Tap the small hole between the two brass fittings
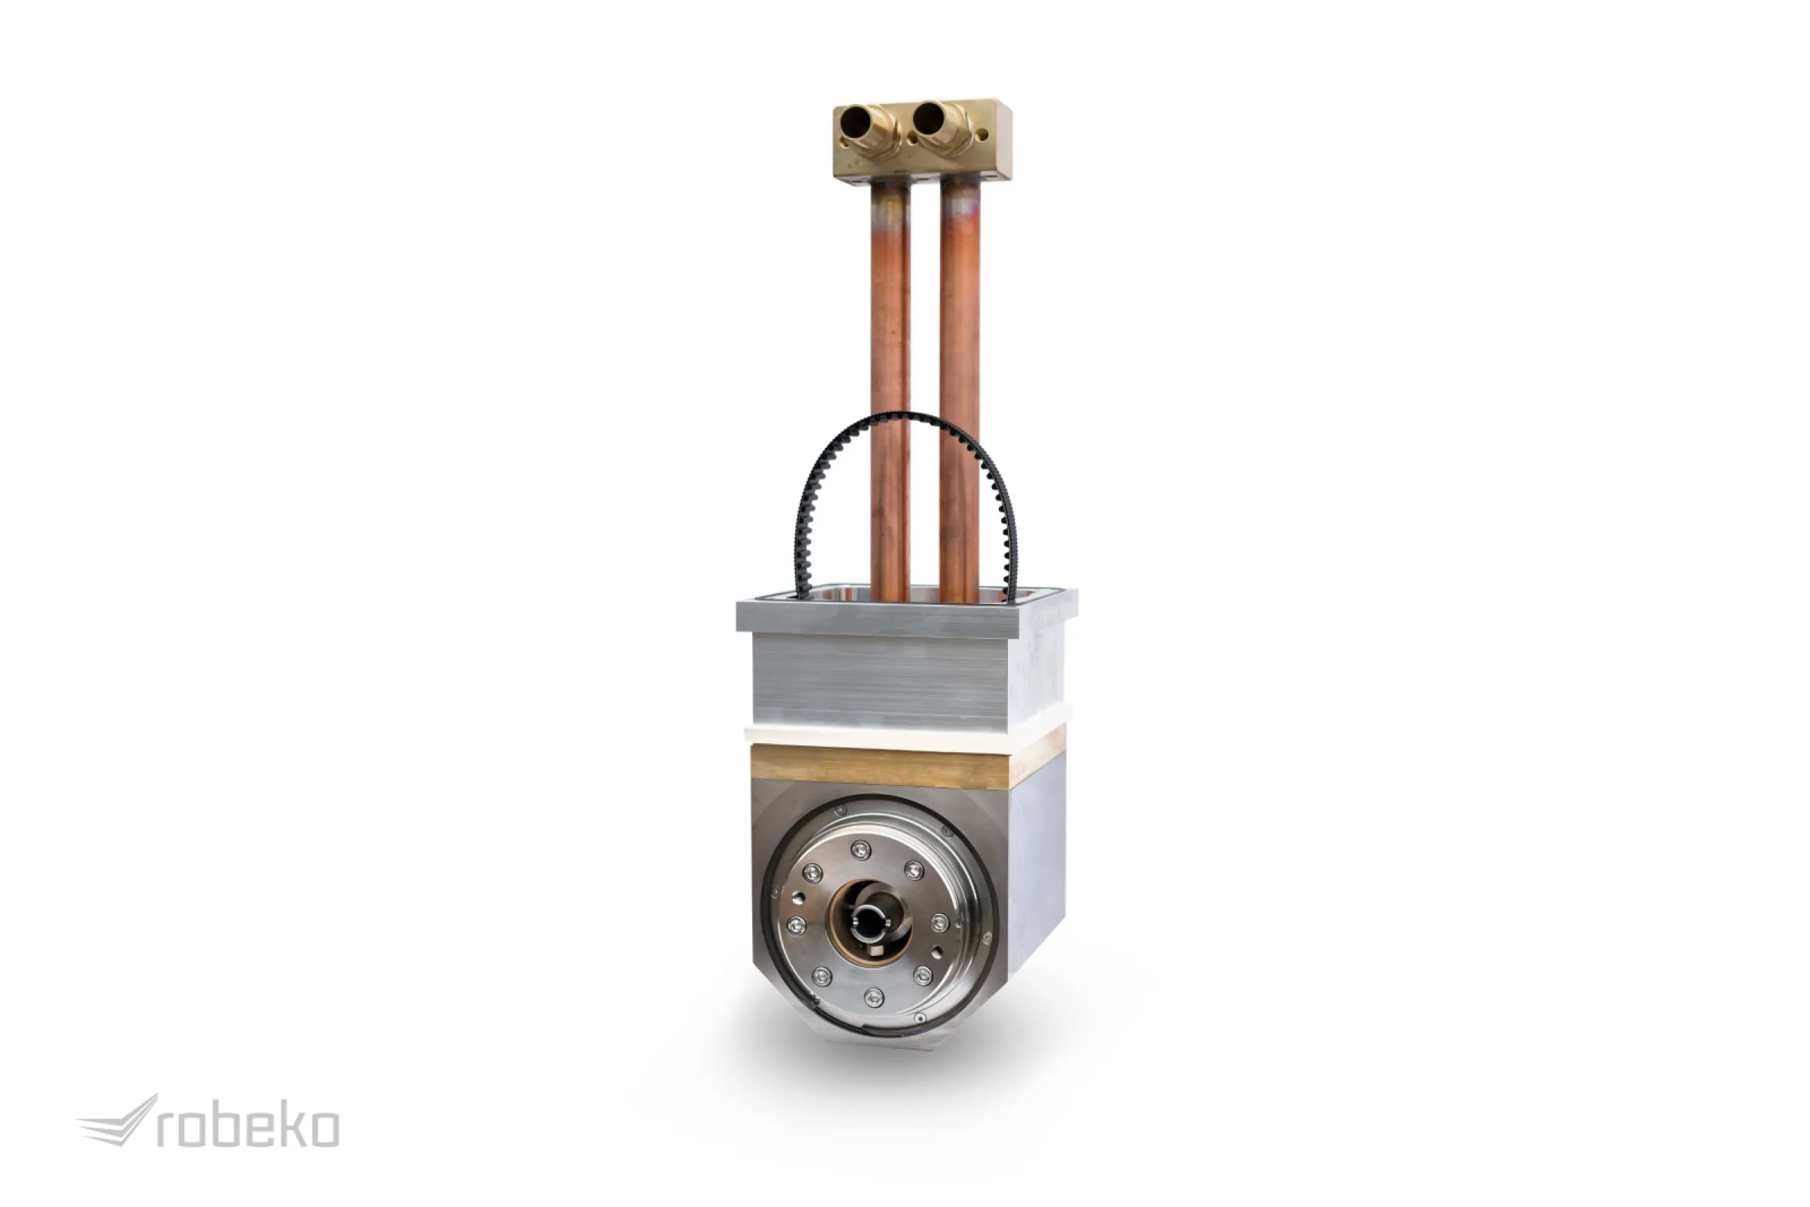912,140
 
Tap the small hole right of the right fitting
982,137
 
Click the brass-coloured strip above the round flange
877,766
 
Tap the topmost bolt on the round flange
860,850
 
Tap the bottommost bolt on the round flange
874,997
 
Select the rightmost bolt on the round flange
939,922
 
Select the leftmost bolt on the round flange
796,926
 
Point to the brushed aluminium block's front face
877,681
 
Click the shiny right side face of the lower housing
1036,862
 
